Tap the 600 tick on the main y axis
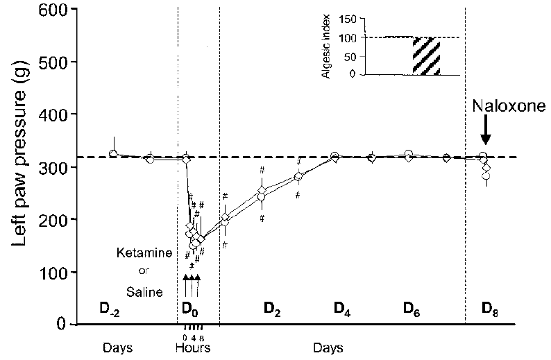[56, 10]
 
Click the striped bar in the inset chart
[426, 56]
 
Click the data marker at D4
[334, 157]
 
